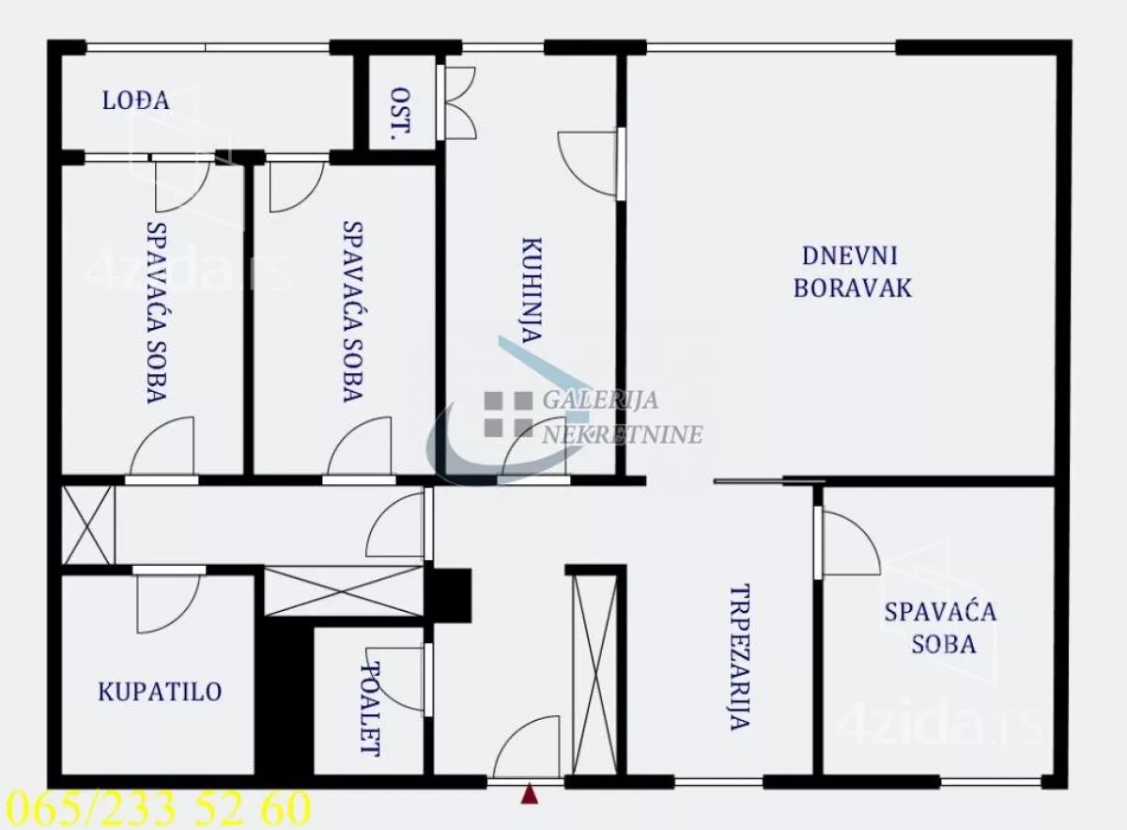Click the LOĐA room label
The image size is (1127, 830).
[x=135, y=102]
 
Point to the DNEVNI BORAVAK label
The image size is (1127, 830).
[x=852, y=272]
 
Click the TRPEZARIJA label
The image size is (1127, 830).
[x=739, y=657]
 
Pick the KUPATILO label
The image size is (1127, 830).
[x=160, y=693]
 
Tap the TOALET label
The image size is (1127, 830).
[x=372, y=710]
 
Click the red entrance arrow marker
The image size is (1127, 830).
[x=530, y=795]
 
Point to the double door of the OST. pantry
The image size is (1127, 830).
[x=458, y=102]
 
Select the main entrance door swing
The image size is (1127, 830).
[x=528, y=748]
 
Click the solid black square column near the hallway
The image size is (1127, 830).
[x=449, y=595]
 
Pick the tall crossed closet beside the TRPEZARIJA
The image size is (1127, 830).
[x=594, y=673]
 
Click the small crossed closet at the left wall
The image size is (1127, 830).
[x=87, y=525]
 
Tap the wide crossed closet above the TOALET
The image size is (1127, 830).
[x=344, y=591]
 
